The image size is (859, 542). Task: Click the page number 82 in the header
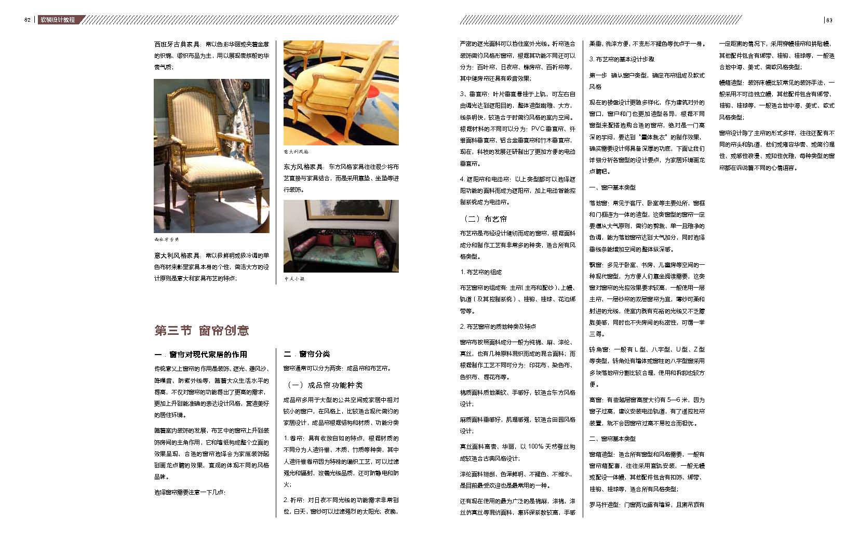point(28,20)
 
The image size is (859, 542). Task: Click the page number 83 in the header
point(829,20)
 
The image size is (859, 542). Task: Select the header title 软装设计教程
point(58,20)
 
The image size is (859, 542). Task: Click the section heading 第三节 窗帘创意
point(202,330)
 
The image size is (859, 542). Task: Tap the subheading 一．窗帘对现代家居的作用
point(200,354)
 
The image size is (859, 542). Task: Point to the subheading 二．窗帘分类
point(307,354)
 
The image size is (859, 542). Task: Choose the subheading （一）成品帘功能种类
point(325,385)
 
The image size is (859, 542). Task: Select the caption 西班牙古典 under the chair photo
point(166,239)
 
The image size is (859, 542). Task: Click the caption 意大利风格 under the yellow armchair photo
point(296,152)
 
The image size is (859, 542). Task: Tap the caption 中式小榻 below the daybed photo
point(294,279)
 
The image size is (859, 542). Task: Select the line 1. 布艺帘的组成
point(481,272)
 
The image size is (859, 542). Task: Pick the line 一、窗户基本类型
point(612,187)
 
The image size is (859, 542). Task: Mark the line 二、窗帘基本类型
point(612,439)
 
